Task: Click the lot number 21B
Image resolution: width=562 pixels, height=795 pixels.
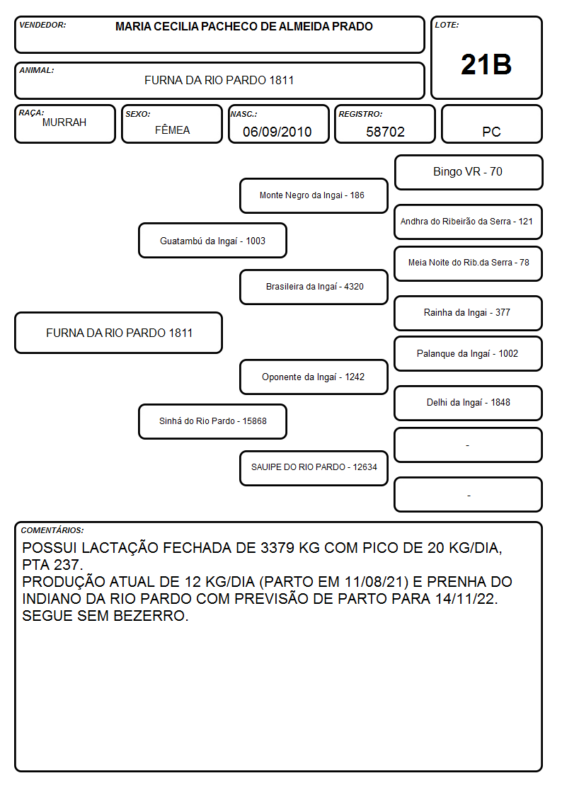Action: pos(486,64)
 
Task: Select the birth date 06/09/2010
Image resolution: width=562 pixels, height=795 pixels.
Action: pos(277,132)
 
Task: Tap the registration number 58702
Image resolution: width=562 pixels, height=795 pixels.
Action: pos(385,132)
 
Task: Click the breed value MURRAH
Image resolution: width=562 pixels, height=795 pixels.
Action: pos(64,122)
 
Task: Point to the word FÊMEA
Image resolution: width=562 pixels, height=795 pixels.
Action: pos(172,130)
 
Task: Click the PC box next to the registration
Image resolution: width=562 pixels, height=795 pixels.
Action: pos(491,124)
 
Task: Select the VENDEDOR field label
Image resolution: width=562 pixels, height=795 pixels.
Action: pos(42,25)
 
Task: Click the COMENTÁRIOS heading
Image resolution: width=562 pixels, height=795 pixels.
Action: pos(52,530)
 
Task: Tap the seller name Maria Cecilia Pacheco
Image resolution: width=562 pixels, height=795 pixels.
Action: pos(244,26)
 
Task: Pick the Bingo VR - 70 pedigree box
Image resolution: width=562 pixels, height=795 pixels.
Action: pos(469,173)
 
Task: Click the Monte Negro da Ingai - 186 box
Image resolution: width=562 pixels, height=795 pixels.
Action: pos(314,195)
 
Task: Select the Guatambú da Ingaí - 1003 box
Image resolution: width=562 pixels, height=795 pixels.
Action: pos(212,241)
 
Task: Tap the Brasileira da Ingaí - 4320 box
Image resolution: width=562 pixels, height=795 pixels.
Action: pos(314,287)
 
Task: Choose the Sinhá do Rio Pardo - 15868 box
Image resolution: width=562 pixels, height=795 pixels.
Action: pos(212,421)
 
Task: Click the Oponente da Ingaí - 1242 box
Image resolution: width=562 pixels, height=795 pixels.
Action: pos(314,377)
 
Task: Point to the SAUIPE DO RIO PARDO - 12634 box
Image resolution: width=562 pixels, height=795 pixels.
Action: pos(314,468)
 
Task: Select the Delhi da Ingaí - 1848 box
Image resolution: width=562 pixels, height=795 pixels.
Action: pos(469,403)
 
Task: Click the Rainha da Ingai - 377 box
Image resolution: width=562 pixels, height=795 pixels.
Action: pos(469,313)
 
